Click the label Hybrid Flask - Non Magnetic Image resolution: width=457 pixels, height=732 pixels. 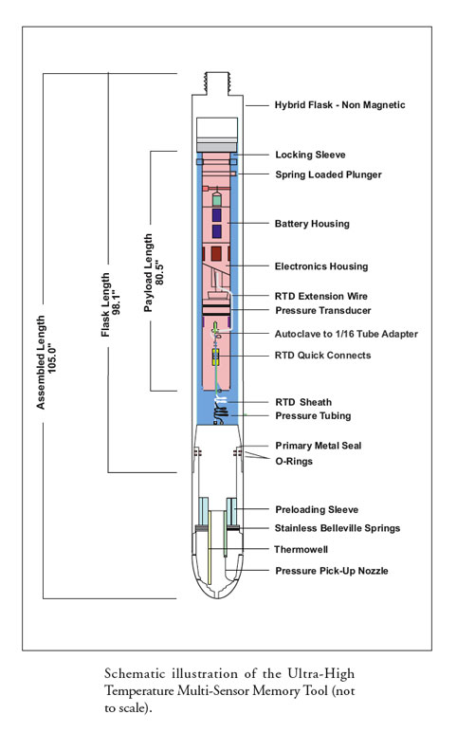339,105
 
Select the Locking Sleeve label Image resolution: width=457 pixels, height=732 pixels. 310,155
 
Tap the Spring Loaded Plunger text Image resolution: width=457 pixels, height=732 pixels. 328,174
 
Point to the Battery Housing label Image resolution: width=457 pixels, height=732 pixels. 312,224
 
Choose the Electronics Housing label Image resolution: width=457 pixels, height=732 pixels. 321,266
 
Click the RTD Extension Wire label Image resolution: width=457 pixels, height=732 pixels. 321,296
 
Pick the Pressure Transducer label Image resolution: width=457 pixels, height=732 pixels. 323,310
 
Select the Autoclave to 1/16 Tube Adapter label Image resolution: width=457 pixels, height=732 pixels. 346,334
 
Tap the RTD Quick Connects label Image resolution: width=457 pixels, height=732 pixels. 323,356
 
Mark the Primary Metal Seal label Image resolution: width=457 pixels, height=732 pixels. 319,446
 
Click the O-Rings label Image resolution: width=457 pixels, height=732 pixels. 294,461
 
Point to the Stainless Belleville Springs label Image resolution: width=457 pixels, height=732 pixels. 338,528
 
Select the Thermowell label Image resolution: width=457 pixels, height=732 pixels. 302,549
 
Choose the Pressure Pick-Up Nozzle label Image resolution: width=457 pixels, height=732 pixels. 332,571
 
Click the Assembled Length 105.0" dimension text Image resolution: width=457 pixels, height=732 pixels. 46,362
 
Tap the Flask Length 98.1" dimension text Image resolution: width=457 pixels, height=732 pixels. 111,305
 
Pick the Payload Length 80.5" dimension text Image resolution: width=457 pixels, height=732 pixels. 154,273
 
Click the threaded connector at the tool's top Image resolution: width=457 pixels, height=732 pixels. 217,83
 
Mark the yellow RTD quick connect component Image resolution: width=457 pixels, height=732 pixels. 216,357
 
